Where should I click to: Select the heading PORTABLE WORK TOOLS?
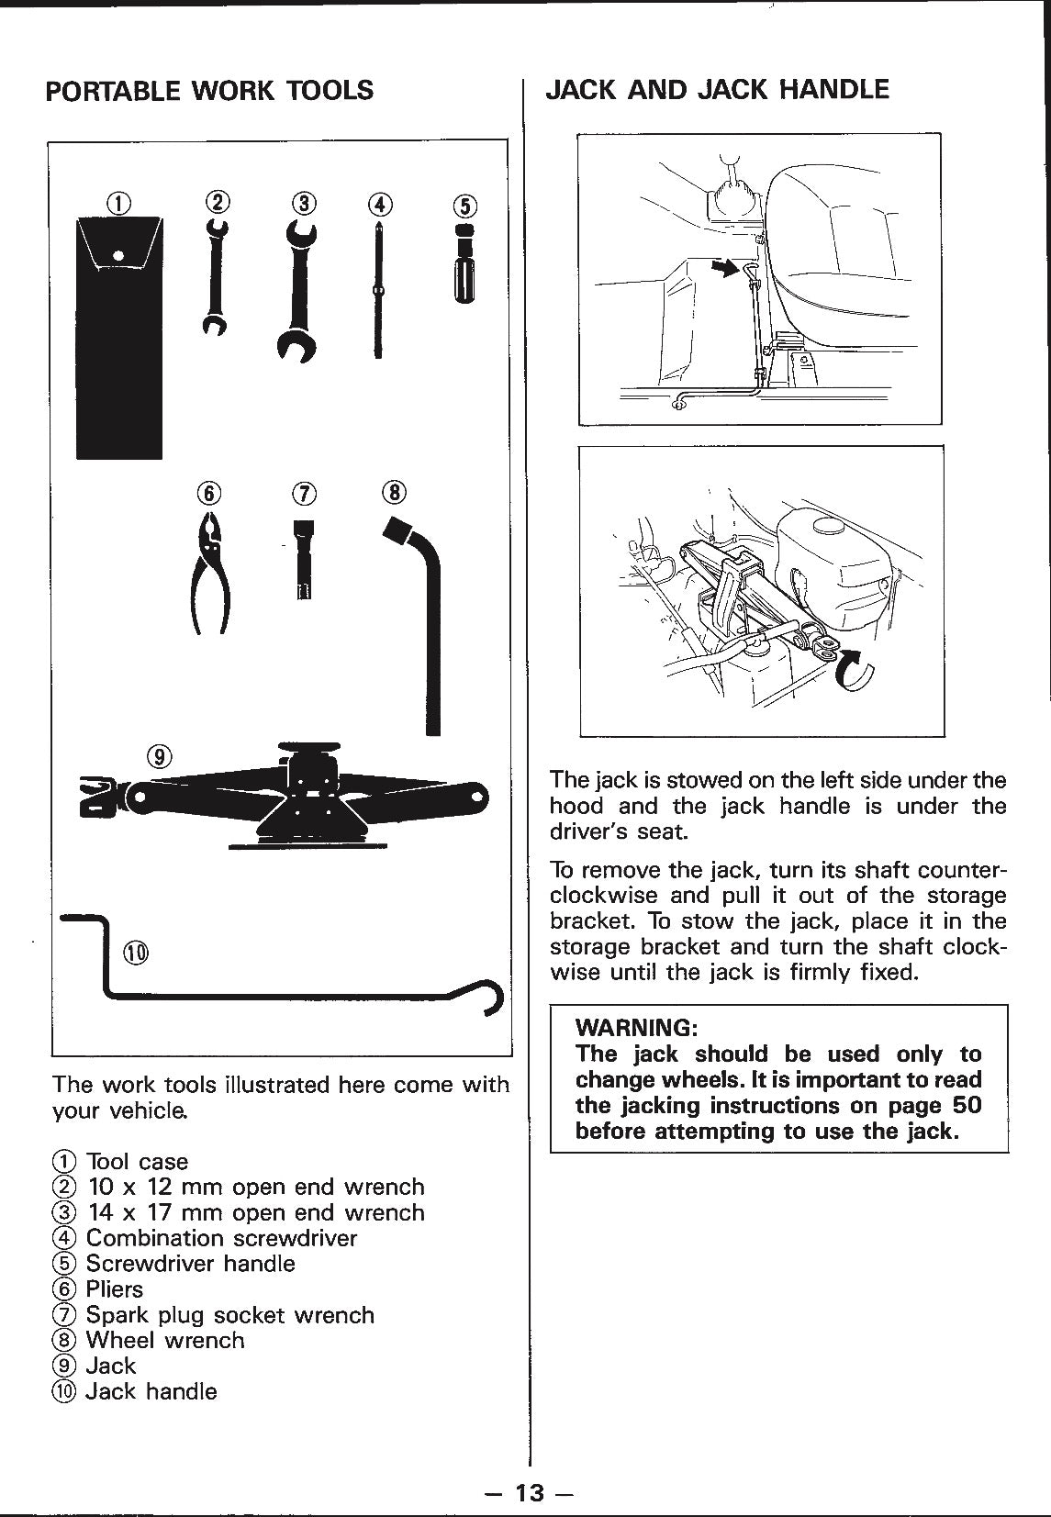coord(209,91)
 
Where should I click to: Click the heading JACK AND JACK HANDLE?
coord(717,89)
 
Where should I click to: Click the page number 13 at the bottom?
coord(529,1493)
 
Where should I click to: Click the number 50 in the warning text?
coord(967,1105)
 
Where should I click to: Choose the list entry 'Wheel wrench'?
coord(165,1341)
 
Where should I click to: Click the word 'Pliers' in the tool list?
coord(115,1289)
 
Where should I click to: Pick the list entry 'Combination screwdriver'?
coord(221,1238)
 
